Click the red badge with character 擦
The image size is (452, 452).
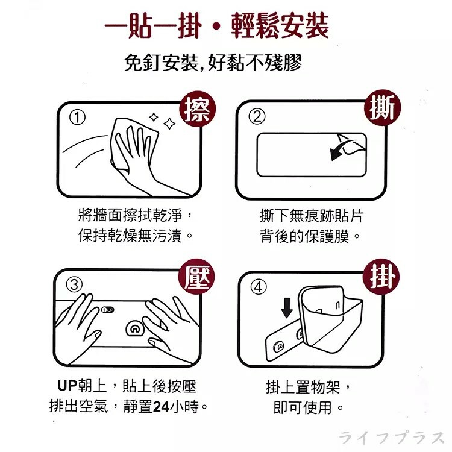(198, 109)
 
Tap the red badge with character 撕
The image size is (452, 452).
(382, 107)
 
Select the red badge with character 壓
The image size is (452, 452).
(197, 277)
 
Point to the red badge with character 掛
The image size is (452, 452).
(381, 277)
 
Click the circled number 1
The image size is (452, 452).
(77, 118)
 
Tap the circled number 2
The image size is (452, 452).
(257, 116)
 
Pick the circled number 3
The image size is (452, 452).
(74, 285)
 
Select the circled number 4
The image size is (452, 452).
(258, 287)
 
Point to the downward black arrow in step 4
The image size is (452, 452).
(287, 308)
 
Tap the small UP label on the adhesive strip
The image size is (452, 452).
(108, 310)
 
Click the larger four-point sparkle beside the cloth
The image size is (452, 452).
(169, 124)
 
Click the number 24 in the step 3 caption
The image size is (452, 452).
(161, 407)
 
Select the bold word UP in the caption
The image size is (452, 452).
(67, 385)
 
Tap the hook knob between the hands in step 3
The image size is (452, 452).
(134, 328)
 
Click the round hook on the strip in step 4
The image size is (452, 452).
(279, 346)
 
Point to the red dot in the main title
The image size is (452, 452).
(216, 27)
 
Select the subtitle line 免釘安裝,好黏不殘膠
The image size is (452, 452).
(213, 62)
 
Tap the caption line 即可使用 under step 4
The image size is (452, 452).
(308, 407)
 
